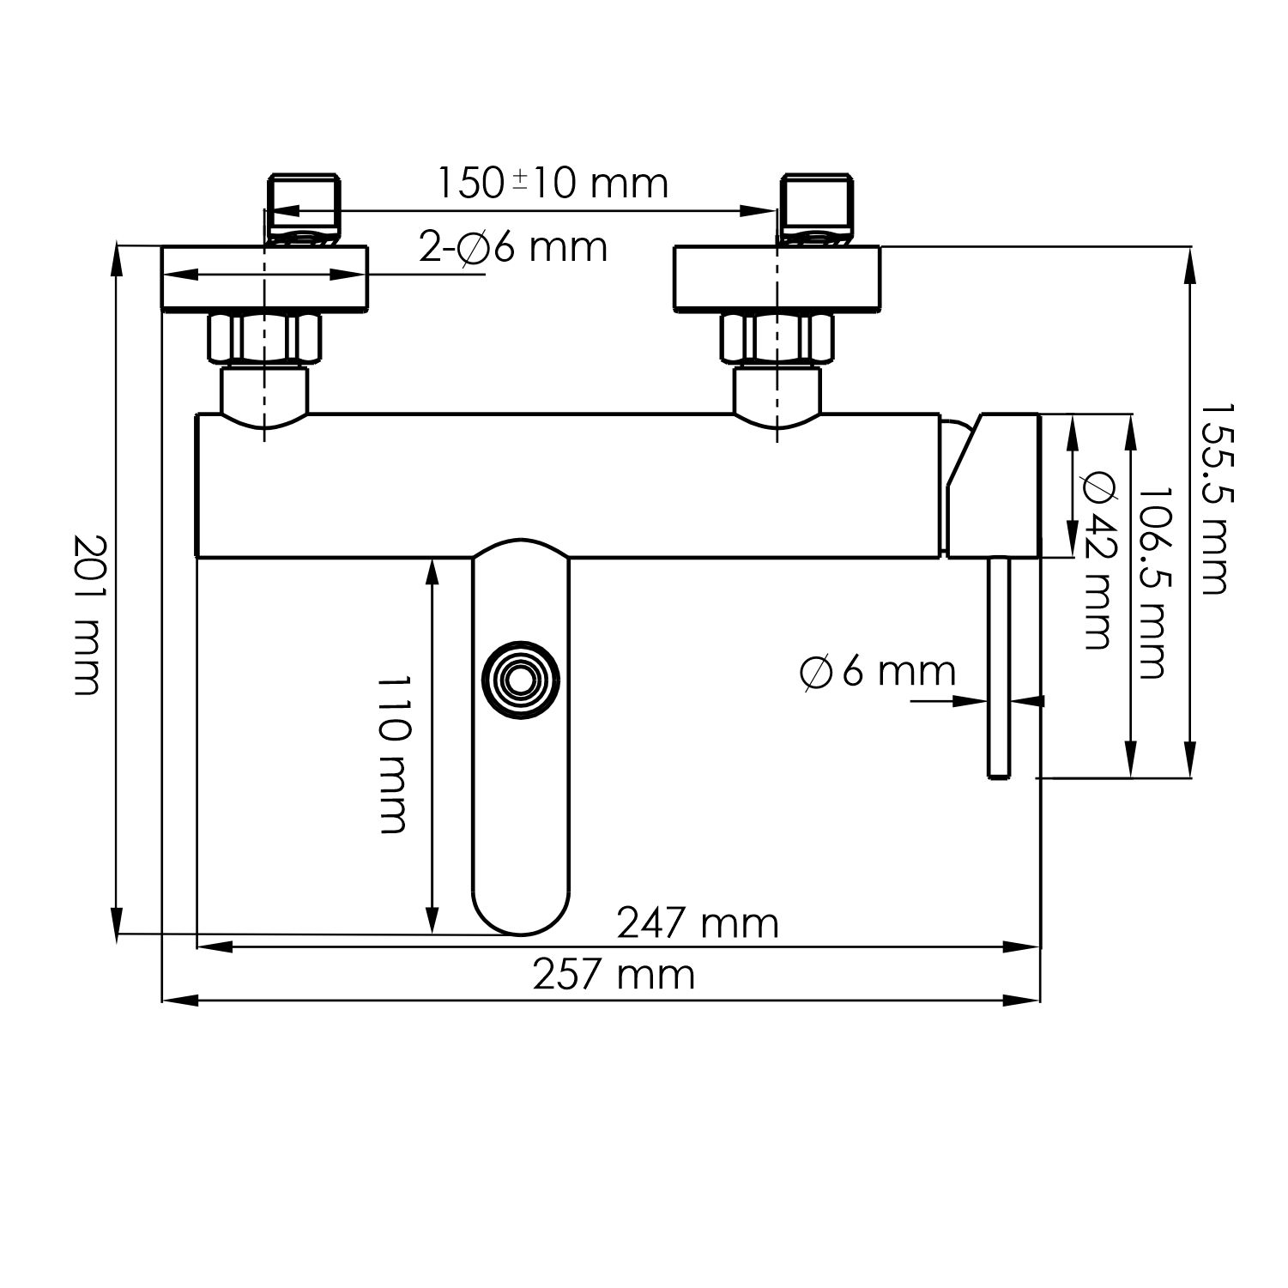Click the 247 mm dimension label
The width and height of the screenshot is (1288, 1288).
[x=698, y=924]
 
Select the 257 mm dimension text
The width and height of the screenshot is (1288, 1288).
[x=614, y=976]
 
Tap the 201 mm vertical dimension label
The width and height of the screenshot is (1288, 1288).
[x=87, y=614]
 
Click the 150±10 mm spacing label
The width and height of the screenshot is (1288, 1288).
[x=553, y=183]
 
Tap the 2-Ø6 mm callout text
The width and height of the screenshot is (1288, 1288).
[x=513, y=247]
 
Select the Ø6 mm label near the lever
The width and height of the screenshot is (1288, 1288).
[x=877, y=671]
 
